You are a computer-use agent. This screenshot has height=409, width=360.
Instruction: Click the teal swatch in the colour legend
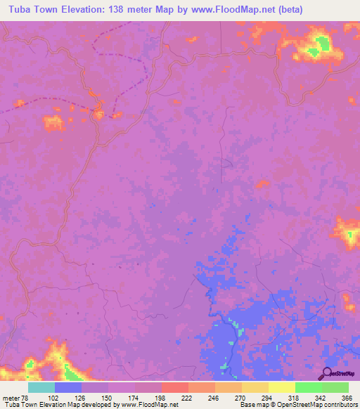[x=41, y=387]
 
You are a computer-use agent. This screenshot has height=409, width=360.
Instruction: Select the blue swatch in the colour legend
[x=68, y=387]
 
